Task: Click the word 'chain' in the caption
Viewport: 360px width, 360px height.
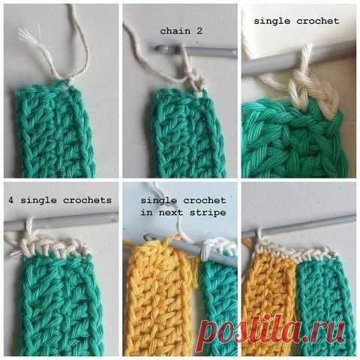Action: pos(175,31)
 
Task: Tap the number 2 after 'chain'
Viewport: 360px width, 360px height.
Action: pos(199,31)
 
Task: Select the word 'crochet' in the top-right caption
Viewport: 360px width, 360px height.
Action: pos(318,21)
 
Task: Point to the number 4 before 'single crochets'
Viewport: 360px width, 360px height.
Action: pos(10,200)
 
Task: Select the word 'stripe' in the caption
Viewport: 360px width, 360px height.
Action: pos(208,213)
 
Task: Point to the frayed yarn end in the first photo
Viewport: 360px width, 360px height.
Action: pos(28,35)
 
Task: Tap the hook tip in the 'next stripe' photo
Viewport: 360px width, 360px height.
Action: pos(148,236)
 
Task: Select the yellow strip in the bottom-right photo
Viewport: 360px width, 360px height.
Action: pos(268,300)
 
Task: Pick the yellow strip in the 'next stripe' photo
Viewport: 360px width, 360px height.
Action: pos(159,298)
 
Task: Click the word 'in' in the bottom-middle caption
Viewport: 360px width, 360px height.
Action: pos(147,212)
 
